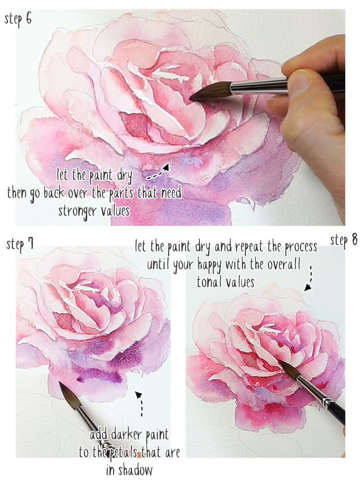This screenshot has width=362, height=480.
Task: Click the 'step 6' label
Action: click(x=19, y=19)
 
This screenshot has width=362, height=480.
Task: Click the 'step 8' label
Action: click(x=344, y=240)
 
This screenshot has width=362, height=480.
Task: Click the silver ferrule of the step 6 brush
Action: click(x=258, y=87)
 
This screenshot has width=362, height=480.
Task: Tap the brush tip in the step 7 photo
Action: click(x=61, y=384)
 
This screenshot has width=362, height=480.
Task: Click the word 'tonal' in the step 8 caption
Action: click(x=210, y=282)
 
